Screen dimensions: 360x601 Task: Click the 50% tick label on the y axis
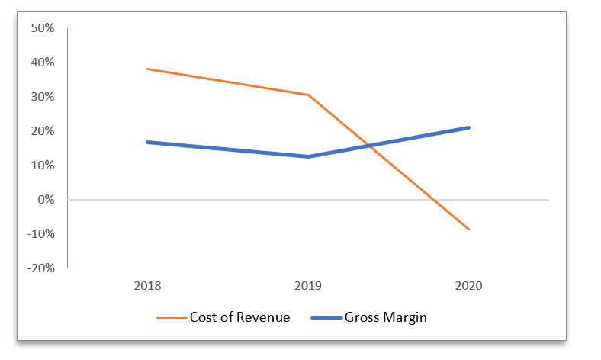click(42, 28)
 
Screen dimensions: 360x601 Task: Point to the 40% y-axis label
click(42, 63)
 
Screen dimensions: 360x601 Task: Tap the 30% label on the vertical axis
click(42, 97)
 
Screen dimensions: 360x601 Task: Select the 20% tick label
click(42, 131)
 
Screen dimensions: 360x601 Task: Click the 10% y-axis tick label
click(42, 166)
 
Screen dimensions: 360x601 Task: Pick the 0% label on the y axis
click(45, 200)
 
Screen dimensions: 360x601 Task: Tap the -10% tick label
click(40, 234)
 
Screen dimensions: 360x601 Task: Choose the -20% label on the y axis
click(40, 268)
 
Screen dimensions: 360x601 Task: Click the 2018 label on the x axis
click(147, 287)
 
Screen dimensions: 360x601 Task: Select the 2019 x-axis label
click(308, 287)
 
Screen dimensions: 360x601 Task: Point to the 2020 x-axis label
click(468, 287)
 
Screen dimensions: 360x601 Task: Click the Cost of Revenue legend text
click(239, 318)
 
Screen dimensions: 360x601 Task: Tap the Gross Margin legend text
click(385, 318)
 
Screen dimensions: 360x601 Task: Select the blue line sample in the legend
click(326, 318)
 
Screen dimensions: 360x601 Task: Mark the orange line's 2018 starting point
click(147, 69)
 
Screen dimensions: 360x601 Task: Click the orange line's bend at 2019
click(308, 95)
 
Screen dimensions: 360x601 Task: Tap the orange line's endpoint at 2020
click(468, 229)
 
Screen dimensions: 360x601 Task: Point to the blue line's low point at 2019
click(308, 156)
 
